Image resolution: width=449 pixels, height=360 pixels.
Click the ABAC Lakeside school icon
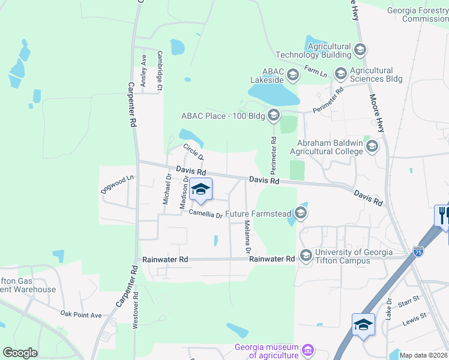tap(293, 75)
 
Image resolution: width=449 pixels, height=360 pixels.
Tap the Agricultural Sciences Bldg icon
tap(341, 74)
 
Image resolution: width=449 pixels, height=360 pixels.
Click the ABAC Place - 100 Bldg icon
tap(274, 115)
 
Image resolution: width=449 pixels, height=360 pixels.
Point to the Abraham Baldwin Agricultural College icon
tap(372, 146)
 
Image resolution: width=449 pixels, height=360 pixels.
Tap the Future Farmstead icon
tap(301, 212)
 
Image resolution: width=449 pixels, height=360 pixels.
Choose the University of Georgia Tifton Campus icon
tap(306, 256)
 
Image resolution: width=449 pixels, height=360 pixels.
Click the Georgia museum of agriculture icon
tap(308, 349)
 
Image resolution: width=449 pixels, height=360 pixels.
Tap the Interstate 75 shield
tap(418, 251)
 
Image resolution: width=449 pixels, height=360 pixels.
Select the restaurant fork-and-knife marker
tap(444, 215)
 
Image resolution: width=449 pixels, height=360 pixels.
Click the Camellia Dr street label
tap(206, 213)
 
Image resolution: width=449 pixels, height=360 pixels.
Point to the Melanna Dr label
tap(247, 236)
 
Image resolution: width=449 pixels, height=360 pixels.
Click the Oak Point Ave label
tap(81, 313)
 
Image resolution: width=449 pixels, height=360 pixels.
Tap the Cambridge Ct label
tap(160, 71)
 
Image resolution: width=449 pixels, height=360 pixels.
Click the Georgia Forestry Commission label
tap(418, 14)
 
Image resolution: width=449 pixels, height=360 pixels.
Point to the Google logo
tap(20, 353)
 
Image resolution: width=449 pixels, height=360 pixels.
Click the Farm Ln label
tap(316, 71)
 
